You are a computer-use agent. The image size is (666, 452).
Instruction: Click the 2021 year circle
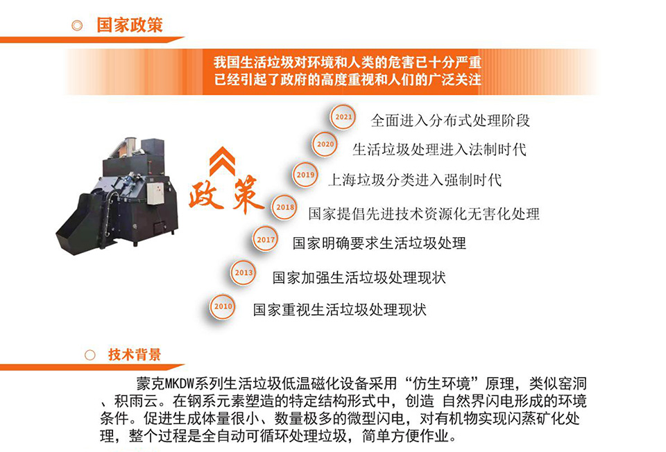343,116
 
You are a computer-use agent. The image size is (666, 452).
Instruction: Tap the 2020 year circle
325,144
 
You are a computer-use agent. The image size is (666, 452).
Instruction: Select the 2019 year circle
305,175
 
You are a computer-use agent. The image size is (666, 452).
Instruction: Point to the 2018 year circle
284,207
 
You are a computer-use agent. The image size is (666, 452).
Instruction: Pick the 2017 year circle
266,239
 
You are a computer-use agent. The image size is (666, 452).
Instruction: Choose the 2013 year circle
244,272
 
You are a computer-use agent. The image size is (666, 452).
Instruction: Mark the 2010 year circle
223,306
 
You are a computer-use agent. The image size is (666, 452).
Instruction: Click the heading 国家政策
130,25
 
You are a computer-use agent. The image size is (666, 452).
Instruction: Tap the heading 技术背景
135,354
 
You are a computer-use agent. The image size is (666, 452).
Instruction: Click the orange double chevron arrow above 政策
222,162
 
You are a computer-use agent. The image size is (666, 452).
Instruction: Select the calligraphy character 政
205,195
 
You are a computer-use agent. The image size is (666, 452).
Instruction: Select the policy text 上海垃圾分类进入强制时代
415,180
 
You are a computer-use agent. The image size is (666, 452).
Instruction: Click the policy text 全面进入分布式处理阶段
450,121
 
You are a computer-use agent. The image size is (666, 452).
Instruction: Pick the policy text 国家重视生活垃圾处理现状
339,309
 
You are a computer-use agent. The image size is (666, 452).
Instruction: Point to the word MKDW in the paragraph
179,383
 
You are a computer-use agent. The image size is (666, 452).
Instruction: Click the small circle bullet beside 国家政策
77,26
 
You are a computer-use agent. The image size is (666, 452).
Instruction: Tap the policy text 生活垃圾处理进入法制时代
440,149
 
